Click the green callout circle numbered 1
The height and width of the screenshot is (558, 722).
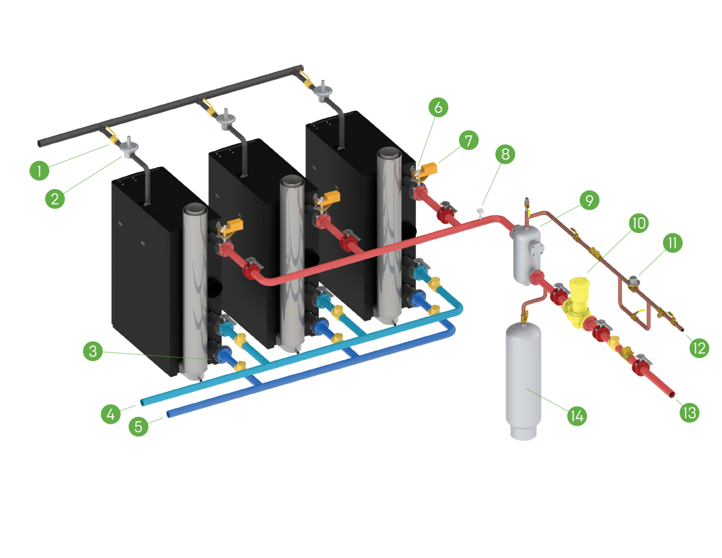pyautogui.click(x=39, y=171)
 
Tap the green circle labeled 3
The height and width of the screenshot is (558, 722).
pyautogui.click(x=93, y=351)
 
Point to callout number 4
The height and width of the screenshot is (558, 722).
pyautogui.click(x=110, y=414)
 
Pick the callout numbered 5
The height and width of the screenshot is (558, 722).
pyautogui.click(x=138, y=426)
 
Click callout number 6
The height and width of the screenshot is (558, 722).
pyautogui.click(x=438, y=107)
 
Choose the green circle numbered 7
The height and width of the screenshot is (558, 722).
pyautogui.click(x=468, y=141)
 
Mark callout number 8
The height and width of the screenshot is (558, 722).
pyautogui.click(x=506, y=154)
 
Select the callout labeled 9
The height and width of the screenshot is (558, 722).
pyautogui.click(x=589, y=200)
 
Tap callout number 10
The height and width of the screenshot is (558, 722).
pyautogui.click(x=638, y=224)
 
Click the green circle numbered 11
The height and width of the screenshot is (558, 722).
pyautogui.click(x=672, y=243)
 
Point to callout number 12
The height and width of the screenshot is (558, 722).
pyautogui.click(x=699, y=348)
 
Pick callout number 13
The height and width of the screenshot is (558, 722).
pyautogui.click(x=689, y=412)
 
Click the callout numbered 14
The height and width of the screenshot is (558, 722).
pyautogui.click(x=577, y=416)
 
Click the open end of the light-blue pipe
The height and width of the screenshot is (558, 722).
pyautogui.click(x=142, y=403)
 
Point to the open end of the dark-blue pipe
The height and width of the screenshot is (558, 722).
pyautogui.click(x=168, y=414)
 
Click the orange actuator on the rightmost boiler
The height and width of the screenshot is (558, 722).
pyautogui.click(x=429, y=169)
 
